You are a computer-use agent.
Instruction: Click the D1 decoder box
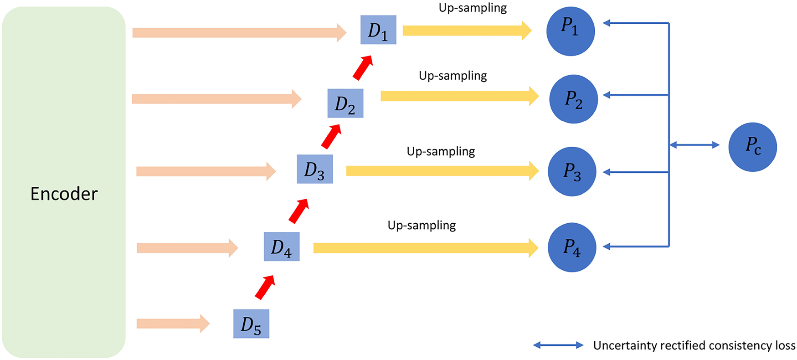[378, 30]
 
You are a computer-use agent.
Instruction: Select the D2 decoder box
[345, 103]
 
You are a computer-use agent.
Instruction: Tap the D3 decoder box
[315, 169]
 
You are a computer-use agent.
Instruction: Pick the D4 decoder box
[282, 247]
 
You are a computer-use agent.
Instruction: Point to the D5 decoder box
[251, 324]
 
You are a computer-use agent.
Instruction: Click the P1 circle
[571, 31]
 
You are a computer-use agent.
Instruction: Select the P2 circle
[573, 99]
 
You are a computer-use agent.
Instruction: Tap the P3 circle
[572, 171]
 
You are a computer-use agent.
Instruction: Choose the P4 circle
[572, 247]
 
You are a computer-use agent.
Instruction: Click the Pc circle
[752, 147]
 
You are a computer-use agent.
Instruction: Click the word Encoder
[64, 194]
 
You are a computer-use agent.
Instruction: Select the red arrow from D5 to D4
[265, 288]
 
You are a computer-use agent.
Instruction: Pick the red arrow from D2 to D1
[363, 68]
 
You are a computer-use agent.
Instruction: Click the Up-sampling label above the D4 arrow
[422, 225]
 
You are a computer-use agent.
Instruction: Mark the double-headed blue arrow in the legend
[558, 345]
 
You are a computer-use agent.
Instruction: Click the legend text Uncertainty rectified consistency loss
[694, 345]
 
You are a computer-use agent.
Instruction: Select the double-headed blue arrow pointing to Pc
[694, 145]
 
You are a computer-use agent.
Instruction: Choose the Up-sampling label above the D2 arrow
[452, 76]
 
